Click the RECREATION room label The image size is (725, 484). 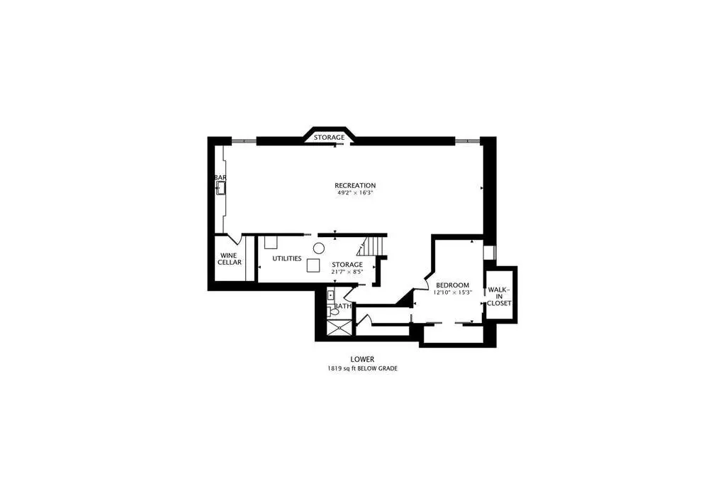[355, 186]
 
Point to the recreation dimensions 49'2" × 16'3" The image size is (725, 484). [355, 193]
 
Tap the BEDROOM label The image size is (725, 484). [452, 285]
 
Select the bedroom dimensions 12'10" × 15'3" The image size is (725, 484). [452, 292]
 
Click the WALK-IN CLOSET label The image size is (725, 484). [499, 297]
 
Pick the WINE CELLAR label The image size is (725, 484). [230, 258]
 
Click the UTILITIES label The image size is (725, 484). [287, 258]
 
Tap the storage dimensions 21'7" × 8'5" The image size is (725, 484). [347, 272]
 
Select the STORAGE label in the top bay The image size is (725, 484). [330, 138]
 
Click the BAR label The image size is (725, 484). [220, 177]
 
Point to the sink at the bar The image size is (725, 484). [221, 187]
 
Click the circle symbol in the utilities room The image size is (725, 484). [319, 248]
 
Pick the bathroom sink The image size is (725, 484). [330, 295]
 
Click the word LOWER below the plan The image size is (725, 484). [362, 359]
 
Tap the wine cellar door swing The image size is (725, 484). [235, 239]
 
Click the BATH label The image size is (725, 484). [343, 306]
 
